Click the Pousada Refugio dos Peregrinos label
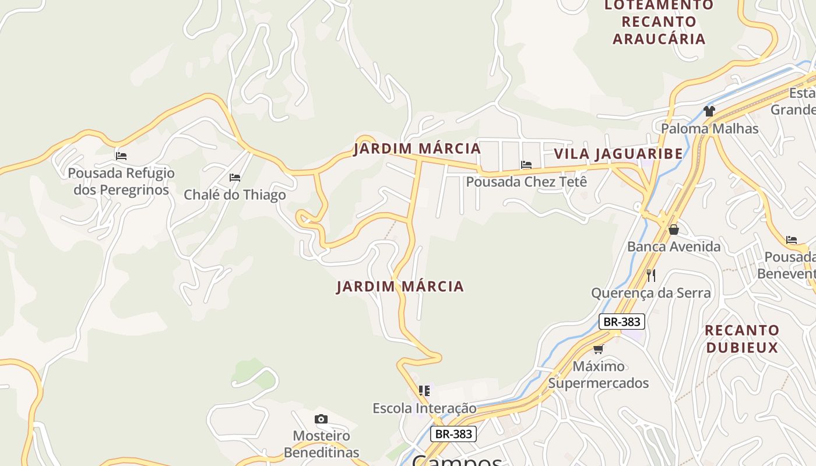[x=121, y=181]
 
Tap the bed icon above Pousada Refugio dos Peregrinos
[x=121, y=156]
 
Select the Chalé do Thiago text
[x=235, y=195]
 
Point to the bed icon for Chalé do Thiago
[x=235, y=178]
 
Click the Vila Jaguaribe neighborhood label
[x=618, y=154]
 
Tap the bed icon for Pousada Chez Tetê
[x=526, y=165]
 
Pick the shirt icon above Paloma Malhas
[x=709, y=111]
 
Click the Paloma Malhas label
[x=709, y=128]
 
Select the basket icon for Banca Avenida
[x=674, y=230]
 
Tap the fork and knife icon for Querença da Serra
[x=651, y=275]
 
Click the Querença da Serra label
[x=651, y=292]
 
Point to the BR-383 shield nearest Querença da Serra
[x=621, y=322]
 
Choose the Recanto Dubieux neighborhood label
[x=741, y=339]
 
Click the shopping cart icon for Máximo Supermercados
[x=598, y=349]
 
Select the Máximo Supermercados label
[x=598, y=375]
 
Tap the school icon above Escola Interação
[x=424, y=390]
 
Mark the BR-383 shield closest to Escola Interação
[x=453, y=434]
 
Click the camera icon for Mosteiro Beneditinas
[x=321, y=419]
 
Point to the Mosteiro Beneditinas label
[x=321, y=444]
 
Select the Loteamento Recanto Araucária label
[x=659, y=22]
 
